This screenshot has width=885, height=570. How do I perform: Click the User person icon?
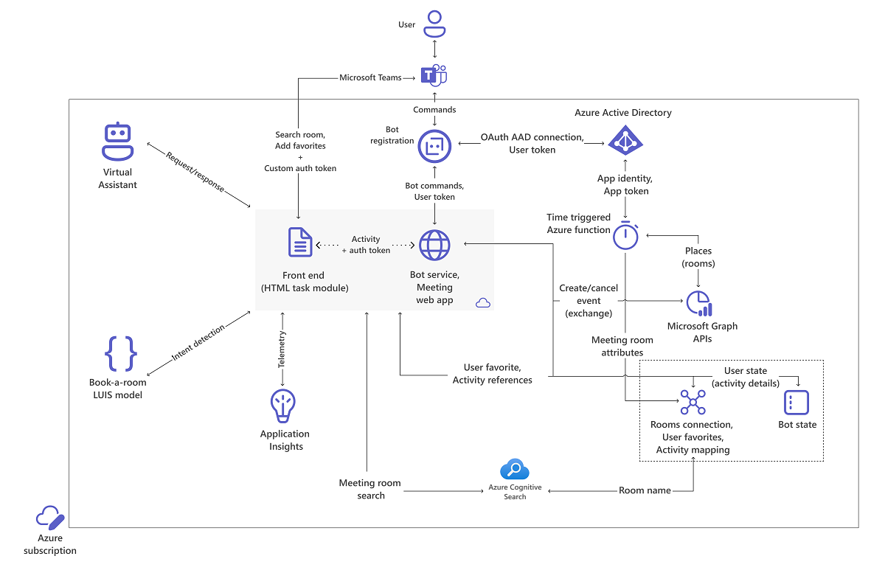(435, 24)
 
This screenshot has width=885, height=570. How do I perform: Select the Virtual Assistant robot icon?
(117, 142)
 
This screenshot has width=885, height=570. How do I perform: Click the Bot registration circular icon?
(434, 146)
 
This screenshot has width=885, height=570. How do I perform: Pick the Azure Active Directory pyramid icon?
(625, 139)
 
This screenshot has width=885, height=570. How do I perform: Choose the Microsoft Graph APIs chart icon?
(699, 304)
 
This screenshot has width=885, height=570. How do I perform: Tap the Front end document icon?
(300, 243)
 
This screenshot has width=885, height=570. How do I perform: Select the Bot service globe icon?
(434, 246)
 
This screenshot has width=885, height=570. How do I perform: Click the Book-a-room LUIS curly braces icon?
(120, 353)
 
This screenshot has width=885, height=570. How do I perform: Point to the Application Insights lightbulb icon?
(285, 406)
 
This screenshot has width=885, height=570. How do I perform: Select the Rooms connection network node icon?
(693, 403)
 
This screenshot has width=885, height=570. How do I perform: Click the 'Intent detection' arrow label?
(198, 343)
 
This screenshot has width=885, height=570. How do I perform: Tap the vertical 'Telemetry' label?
(282, 349)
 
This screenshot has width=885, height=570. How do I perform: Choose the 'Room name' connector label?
(645, 490)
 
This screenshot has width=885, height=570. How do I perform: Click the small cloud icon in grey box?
(484, 303)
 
